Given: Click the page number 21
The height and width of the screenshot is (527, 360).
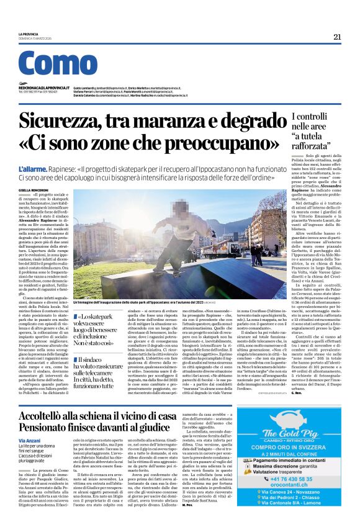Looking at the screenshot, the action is click(337, 37).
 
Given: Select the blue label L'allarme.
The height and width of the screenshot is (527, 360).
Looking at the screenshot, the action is click(32, 169).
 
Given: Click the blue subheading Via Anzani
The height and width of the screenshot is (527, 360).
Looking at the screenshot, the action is click(30, 405).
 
